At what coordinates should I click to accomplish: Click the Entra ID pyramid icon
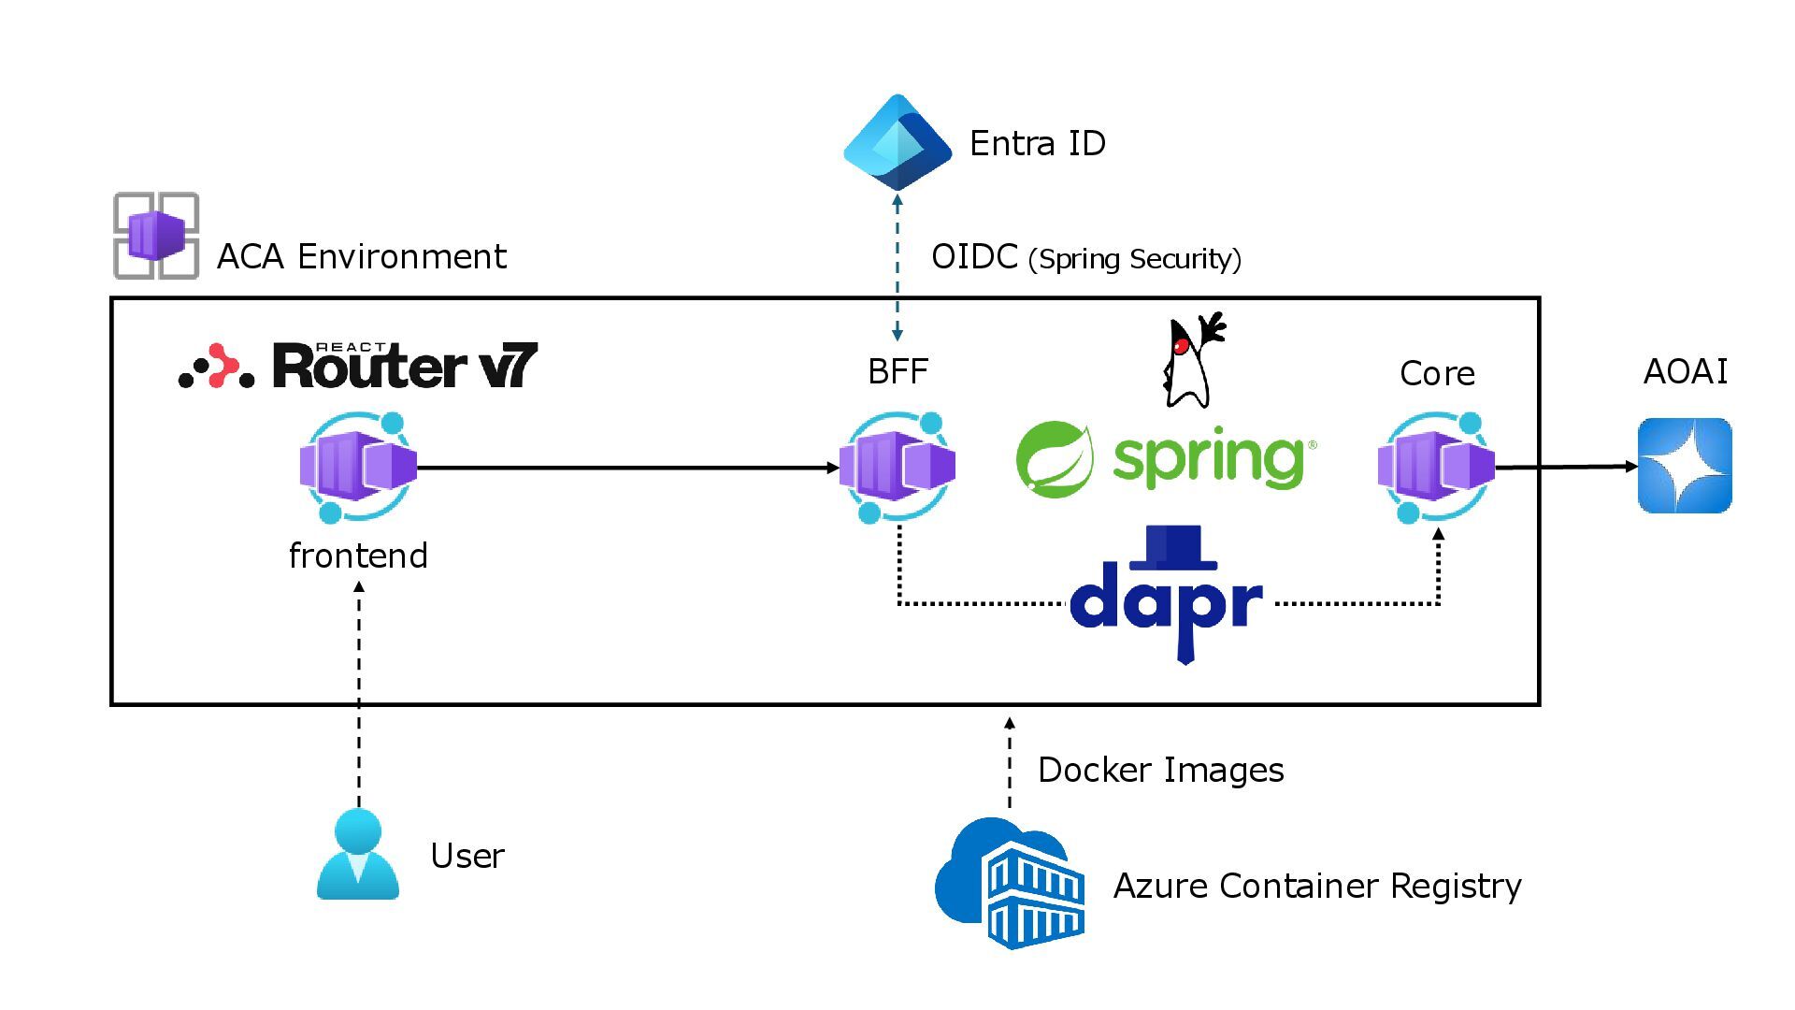pyautogui.click(x=897, y=142)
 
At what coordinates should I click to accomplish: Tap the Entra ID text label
pyautogui.click(x=1038, y=144)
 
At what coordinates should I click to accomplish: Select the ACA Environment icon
pyautogui.click(x=156, y=236)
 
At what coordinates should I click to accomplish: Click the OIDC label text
pyautogui.click(x=974, y=257)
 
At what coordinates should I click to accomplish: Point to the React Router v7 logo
pyautogui.click(x=358, y=366)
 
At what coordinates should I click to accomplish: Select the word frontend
pyautogui.click(x=358, y=555)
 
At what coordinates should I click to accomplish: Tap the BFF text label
pyautogui.click(x=897, y=372)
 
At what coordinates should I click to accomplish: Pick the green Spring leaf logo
pyautogui.click(x=1055, y=458)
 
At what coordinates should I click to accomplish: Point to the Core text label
pyautogui.click(x=1437, y=374)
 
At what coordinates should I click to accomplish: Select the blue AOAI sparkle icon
pyautogui.click(x=1685, y=466)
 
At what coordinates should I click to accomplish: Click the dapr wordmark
pyautogui.click(x=1166, y=599)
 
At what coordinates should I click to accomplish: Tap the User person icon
pyautogui.click(x=358, y=855)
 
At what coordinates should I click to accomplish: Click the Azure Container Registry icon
pyautogui.click(x=1011, y=884)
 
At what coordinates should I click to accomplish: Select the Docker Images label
pyautogui.click(x=1160, y=771)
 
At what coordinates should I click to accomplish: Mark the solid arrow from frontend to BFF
pyautogui.click(x=626, y=468)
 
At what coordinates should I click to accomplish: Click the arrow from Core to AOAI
pyautogui.click(x=1566, y=467)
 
